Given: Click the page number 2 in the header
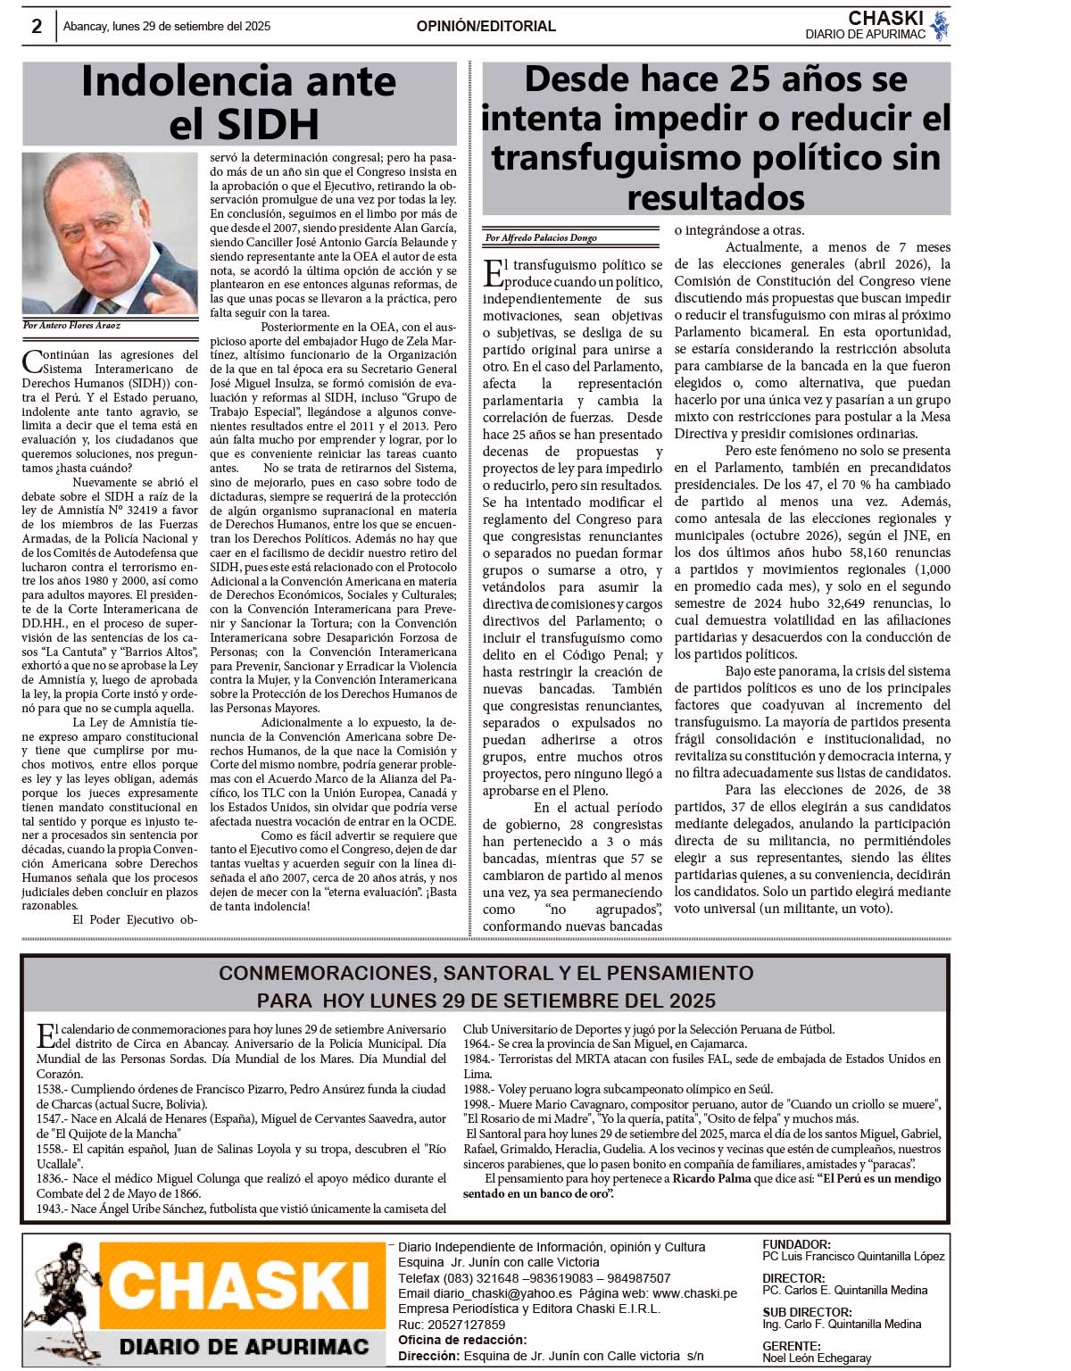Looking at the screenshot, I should click(37, 27).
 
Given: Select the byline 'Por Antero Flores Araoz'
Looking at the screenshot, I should click(71, 326).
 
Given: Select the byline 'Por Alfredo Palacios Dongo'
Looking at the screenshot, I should click(541, 238).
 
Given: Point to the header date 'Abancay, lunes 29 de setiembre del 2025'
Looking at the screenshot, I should click(167, 27).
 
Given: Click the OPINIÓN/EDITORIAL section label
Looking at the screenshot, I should click(486, 27).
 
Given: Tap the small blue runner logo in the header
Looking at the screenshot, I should click(939, 27).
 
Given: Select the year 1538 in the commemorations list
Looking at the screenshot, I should click(50, 1089).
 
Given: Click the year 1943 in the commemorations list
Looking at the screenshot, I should click(50, 1209).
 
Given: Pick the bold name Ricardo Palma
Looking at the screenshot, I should click(711, 1179).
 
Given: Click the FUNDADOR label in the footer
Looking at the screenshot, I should click(796, 1244).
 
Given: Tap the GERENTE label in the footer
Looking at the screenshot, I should click(791, 1346).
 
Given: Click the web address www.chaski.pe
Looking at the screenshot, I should click(694, 1293).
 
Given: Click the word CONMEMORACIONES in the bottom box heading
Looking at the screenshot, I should click(322, 973).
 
